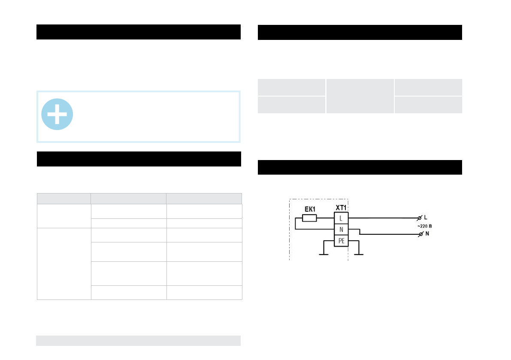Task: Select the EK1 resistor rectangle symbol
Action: click(x=309, y=218)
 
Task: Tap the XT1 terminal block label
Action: click(x=341, y=208)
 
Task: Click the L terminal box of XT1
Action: click(x=341, y=218)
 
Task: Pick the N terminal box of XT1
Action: click(x=341, y=230)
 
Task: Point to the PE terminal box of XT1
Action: click(x=341, y=241)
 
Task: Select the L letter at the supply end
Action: click(x=426, y=218)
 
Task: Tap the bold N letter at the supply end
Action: click(x=427, y=234)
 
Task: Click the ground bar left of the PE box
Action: click(x=323, y=254)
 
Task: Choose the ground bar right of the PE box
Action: click(x=359, y=254)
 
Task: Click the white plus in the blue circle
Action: click(x=57, y=115)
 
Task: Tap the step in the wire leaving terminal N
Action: click(x=360, y=232)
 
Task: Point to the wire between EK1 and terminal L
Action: click(x=326, y=218)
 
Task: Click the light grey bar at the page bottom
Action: click(x=138, y=340)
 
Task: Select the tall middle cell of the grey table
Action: click(x=360, y=96)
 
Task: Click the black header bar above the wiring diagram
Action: click(x=360, y=167)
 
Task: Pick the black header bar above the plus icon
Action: click(x=138, y=32)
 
